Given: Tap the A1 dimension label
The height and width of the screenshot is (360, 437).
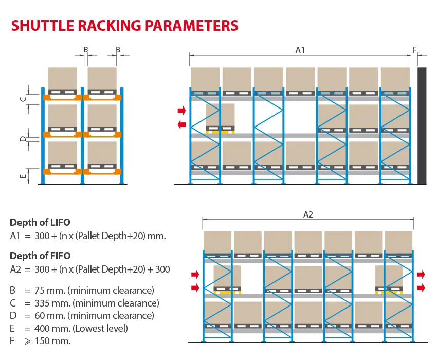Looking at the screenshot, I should tap(300, 50).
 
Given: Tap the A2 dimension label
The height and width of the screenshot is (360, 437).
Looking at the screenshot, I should tap(308, 214).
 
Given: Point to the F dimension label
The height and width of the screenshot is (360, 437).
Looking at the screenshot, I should tap(414, 50).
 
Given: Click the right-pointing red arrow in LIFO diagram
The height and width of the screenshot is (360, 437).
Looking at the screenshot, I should tap(181, 111).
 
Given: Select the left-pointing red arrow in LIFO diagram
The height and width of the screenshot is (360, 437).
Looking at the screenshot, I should tap(181, 124).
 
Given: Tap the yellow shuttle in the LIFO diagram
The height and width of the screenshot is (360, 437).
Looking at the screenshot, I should tap(220, 132).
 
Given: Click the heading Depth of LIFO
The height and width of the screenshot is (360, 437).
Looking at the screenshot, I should tap(40, 222).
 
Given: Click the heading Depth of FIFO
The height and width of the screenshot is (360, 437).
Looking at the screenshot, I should tap(40, 256).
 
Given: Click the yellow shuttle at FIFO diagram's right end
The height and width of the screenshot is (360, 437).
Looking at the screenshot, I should tap(389, 292).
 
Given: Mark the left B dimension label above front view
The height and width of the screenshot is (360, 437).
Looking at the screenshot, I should tap(86, 50).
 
